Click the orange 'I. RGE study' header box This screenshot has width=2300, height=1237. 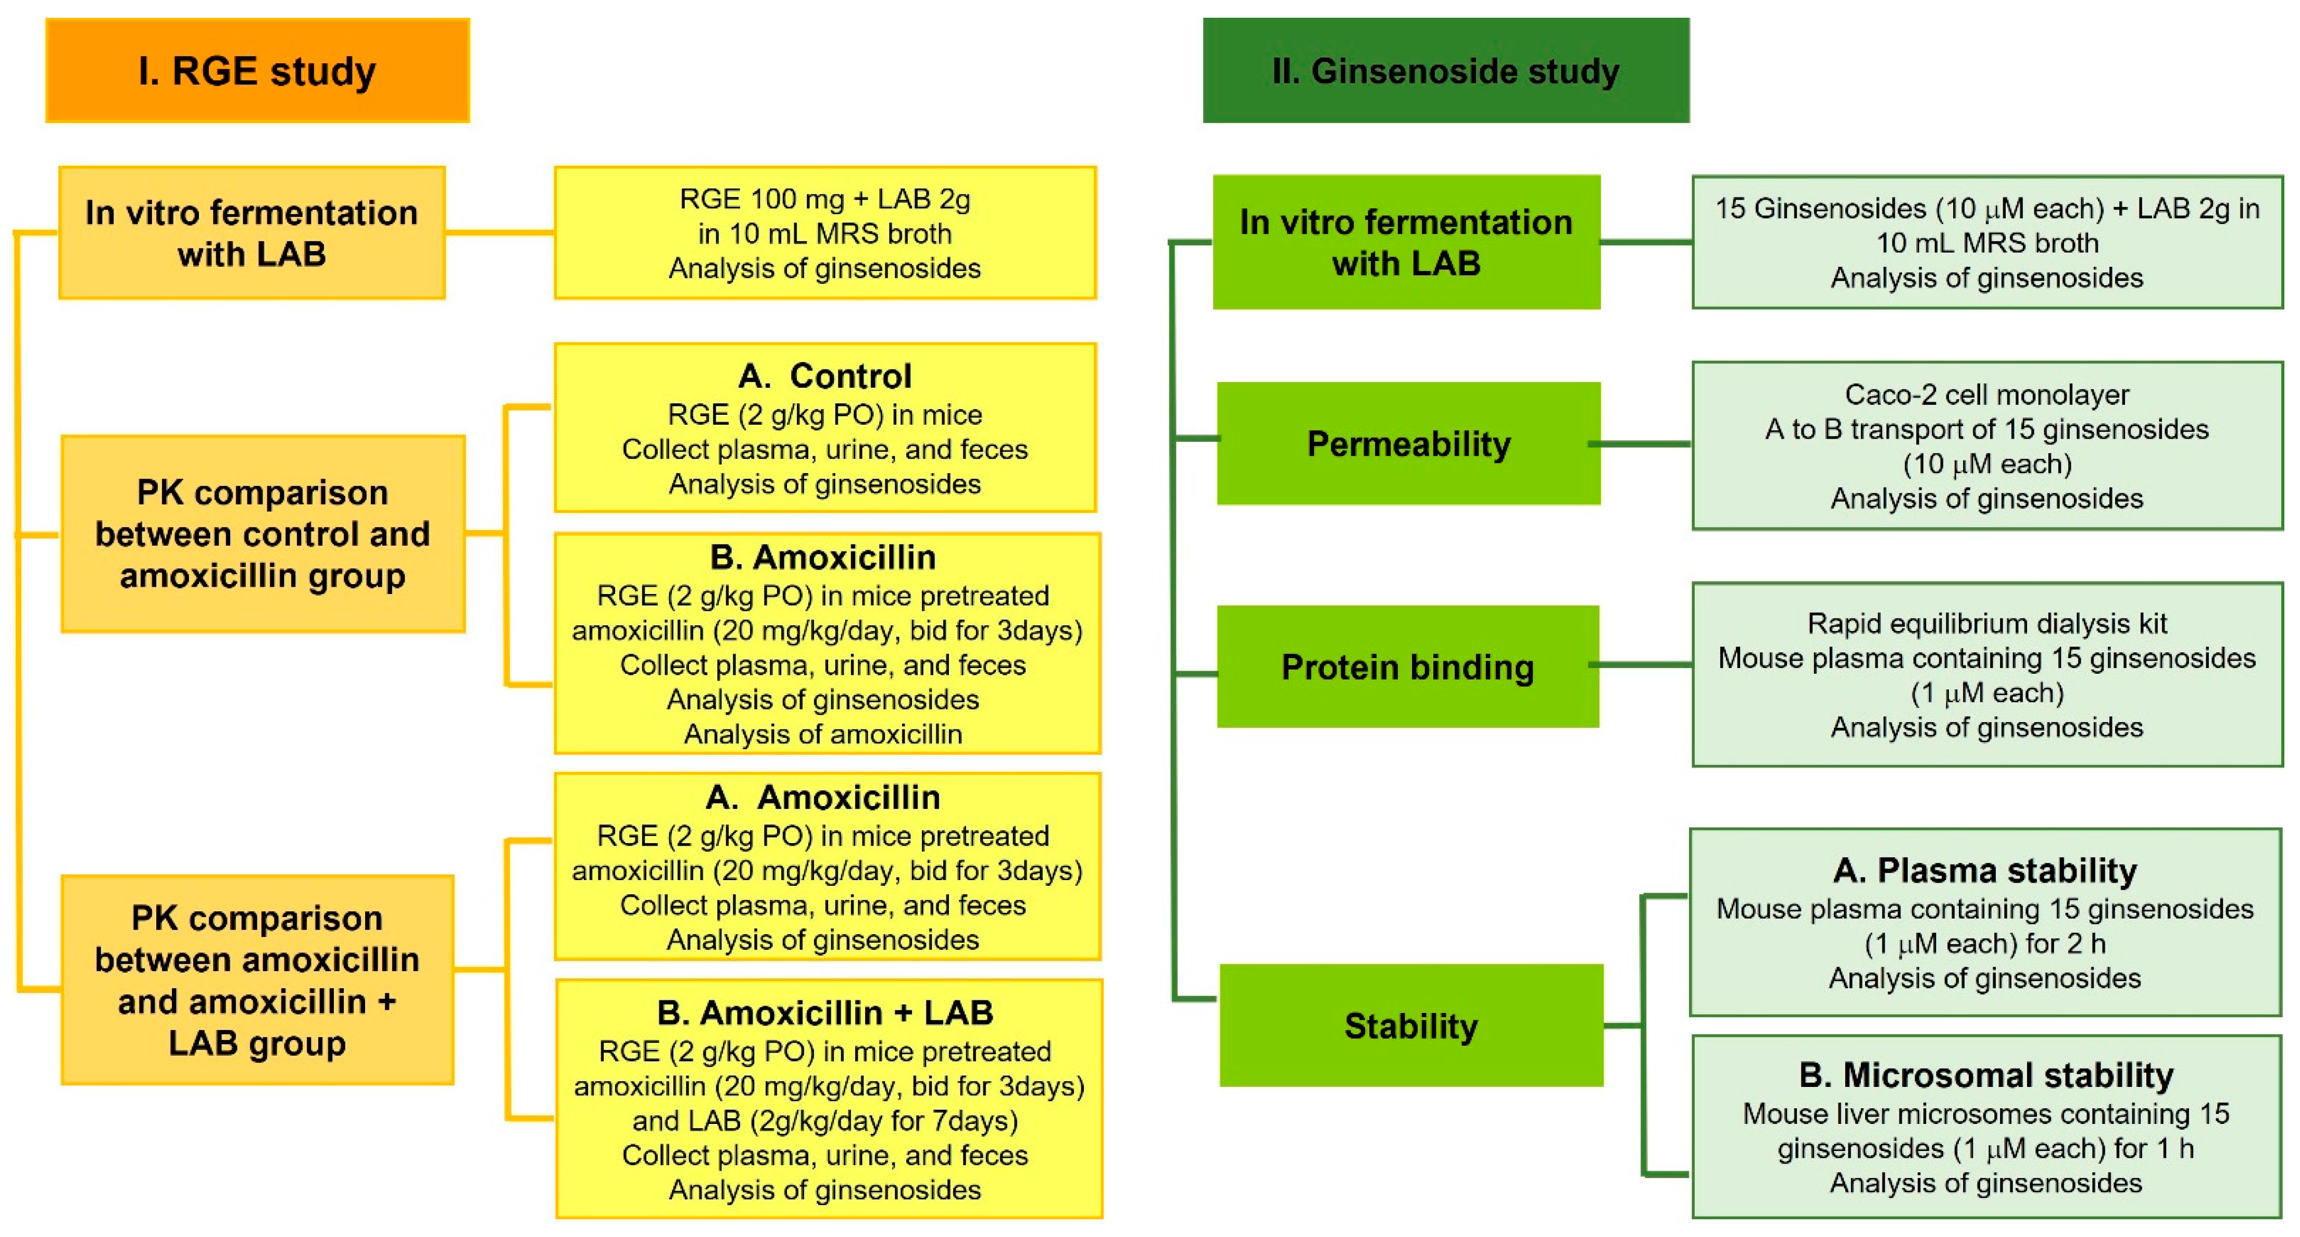[x=257, y=70]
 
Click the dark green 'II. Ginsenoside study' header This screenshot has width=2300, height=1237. [x=1445, y=70]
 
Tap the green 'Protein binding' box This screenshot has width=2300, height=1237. [x=1407, y=667]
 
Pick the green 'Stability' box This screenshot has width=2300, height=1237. [x=1411, y=1025]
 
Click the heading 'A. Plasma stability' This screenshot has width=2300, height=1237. [x=1985, y=870]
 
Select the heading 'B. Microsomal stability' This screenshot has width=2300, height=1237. [x=1985, y=1075]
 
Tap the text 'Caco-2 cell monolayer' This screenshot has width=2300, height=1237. [x=1986, y=394]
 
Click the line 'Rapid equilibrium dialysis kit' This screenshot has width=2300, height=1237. [x=1986, y=623]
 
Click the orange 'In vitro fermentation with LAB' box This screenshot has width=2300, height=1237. [x=252, y=232]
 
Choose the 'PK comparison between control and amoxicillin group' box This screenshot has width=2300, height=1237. [x=262, y=534]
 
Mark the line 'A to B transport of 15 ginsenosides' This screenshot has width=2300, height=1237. [x=1986, y=429]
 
